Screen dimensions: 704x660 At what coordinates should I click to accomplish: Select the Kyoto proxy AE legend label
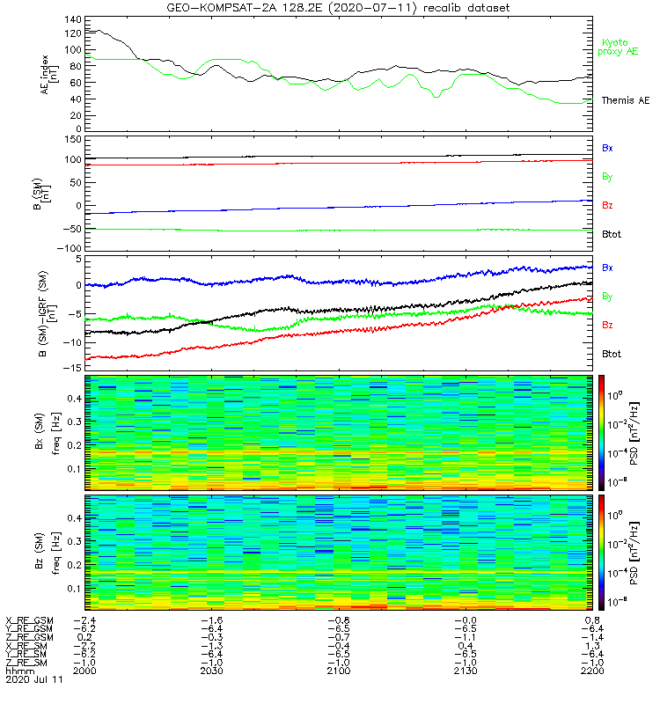(x=620, y=47)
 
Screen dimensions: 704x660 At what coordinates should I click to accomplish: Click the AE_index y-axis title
(x=46, y=74)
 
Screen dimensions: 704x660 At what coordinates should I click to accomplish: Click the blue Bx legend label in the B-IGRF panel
(x=607, y=267)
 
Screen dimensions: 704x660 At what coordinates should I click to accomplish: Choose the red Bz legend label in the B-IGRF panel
(x=607, y=325)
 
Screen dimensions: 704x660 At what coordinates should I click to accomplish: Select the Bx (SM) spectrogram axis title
(x=40, y=431)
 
